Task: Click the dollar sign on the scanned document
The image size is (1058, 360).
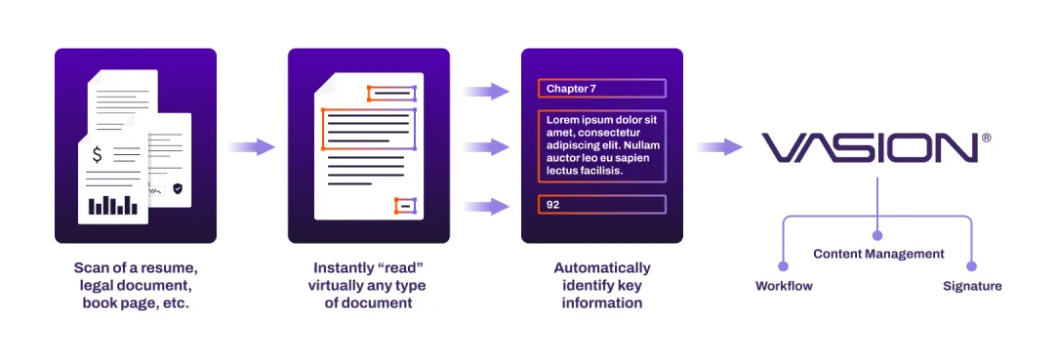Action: (97, 154)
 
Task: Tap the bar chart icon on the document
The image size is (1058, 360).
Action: (113, 205)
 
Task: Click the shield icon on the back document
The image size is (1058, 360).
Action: (177, 188)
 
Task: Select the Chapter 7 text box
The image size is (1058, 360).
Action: (601, 89)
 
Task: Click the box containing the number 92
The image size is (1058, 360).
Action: (601, 205)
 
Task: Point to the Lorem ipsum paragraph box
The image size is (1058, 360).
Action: (601, 145)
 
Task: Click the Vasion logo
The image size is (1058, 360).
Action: (869, 147)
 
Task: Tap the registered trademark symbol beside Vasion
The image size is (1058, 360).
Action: (986, 139)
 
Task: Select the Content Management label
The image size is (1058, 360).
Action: (878, 254)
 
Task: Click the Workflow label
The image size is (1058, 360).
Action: (784, 286)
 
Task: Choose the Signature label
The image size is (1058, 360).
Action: (972, 286)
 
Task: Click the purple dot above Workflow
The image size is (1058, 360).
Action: (783, 265)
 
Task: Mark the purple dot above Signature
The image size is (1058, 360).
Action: (971, 265)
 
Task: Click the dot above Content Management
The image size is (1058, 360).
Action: (877, 234)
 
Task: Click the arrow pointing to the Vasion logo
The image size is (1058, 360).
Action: (719, 147)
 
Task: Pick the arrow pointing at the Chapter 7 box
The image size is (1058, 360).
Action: (486, 92)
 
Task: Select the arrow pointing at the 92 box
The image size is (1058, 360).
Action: (486, 206)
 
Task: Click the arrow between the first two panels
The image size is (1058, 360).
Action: (252, 147)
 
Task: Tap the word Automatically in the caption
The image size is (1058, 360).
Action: (601, 267)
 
